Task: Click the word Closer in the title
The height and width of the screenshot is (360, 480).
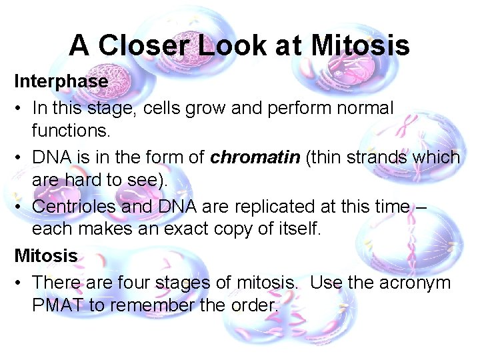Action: click(x=142, y=45)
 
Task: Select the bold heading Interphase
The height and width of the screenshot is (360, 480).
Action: click(x=61, y=81)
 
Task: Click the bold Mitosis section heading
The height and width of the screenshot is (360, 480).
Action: click(x=46, y=255)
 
